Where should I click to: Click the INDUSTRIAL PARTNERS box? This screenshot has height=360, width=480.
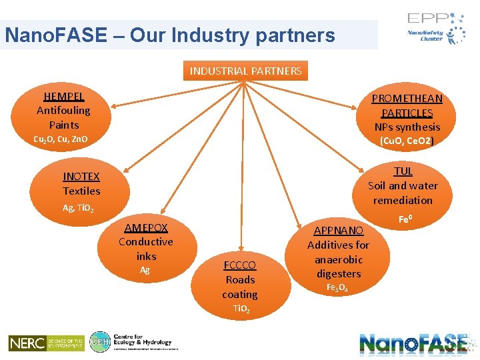[x=245, y=71]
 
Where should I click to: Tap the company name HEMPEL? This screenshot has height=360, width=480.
[x=63, y=97]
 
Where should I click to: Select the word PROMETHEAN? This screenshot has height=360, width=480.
[x=407, y=99]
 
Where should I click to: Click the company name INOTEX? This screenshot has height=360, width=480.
[x=81, y=177]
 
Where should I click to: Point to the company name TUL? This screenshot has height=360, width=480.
[x=403, y=171]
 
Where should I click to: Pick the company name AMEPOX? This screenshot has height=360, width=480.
[x=146, y=227]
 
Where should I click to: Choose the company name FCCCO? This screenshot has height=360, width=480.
[x=239, y=265]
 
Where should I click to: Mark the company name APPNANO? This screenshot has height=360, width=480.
[x=338, y=231]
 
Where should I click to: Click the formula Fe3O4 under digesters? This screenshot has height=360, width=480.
[x=338, y=288]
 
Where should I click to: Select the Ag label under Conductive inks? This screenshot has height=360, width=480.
[x=145, y=270]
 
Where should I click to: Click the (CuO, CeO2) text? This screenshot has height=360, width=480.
[x=407, y=141]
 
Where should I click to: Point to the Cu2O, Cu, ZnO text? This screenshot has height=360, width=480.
[x=61, y=139]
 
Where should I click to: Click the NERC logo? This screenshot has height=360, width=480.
[x=46, y=343]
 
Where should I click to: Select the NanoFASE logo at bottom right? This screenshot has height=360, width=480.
[x=413, y=343]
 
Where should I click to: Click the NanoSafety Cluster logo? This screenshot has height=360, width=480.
[x=437, y=31]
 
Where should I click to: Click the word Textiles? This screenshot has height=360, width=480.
[x=81, y=191]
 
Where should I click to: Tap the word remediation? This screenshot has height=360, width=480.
[x=403, y=200]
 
